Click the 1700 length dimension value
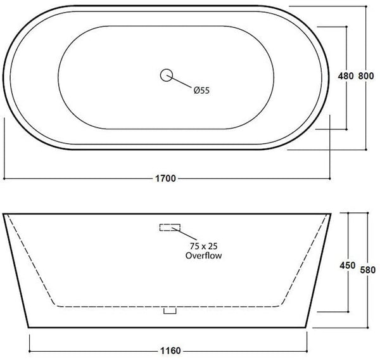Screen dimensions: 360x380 [x=167, y=179]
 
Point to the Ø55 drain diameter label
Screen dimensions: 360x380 [x=201, y=90]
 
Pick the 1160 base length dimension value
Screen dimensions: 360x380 [x=168, y=349]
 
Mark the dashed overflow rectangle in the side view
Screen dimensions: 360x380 [x=169, y=228]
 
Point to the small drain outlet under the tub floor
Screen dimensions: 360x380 [x=168, y=311]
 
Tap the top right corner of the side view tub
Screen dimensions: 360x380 [x=333, y=214]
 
